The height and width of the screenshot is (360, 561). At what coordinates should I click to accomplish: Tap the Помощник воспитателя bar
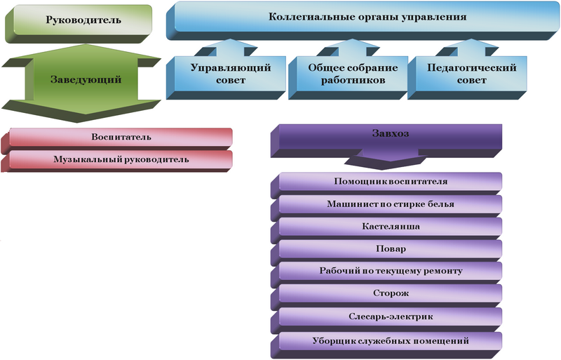click(391, 182)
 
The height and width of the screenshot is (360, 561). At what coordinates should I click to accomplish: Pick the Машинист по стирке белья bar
click(391, 204)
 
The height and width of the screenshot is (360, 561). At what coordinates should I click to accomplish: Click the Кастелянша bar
click(391, 227)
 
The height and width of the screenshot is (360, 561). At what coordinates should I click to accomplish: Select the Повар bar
click(391, 249)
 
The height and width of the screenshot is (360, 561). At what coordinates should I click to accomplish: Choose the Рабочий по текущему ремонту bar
click(391, 271)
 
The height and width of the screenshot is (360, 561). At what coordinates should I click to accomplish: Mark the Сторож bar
click(391, 293)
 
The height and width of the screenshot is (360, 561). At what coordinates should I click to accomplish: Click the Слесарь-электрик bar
click(391, 316)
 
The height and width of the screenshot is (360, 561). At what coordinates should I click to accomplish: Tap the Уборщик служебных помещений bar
click(391, 340)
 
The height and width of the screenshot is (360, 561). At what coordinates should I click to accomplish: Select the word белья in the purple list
click(438, 204)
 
